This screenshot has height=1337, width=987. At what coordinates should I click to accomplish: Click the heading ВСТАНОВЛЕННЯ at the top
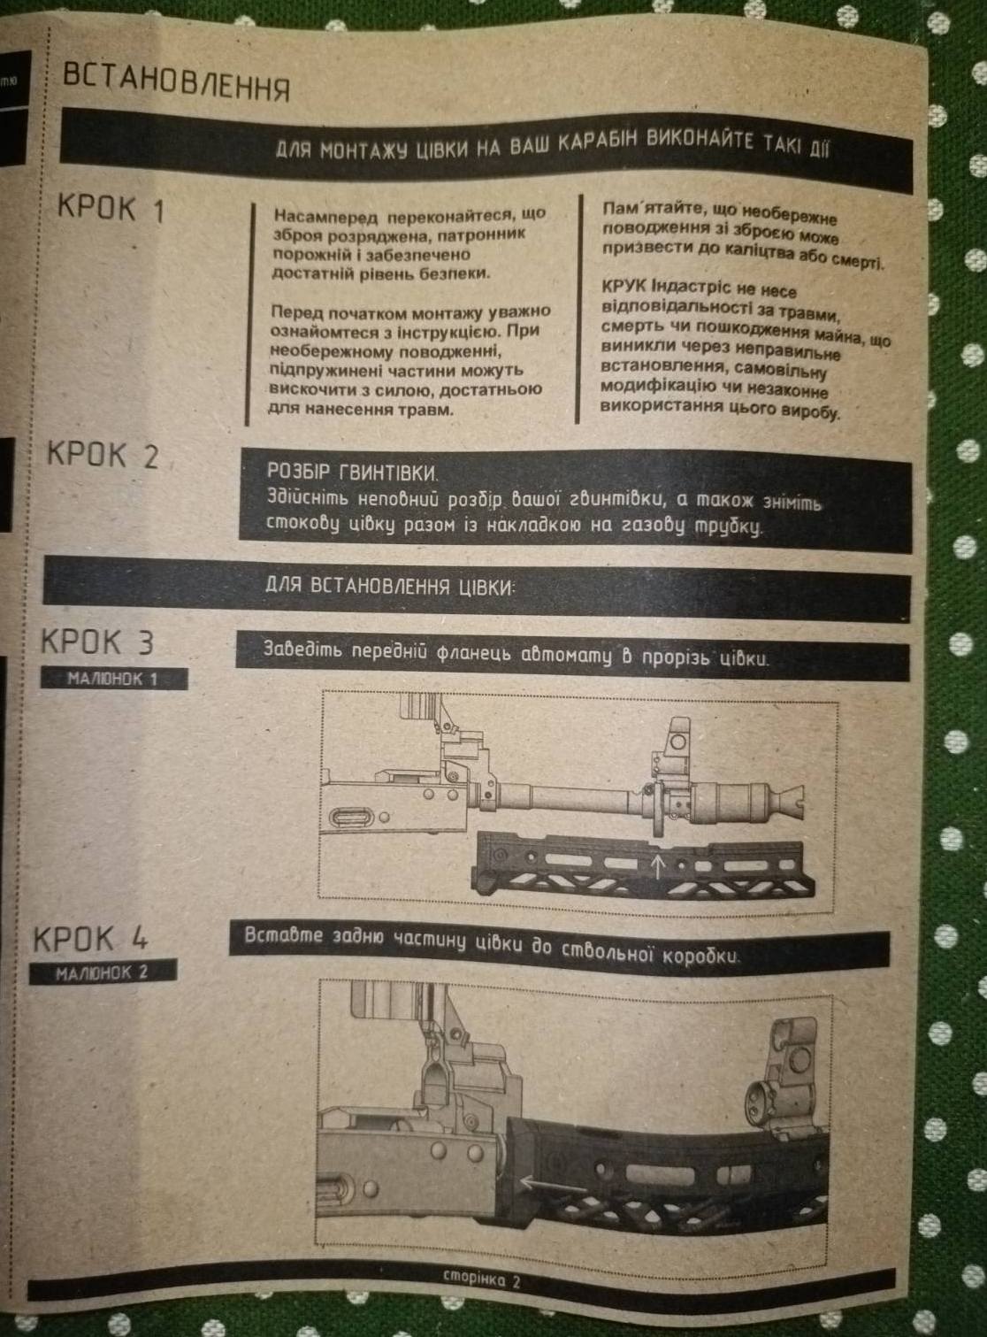click(x=177, y=83)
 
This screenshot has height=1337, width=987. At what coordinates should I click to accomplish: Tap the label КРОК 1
click(x=111, y=209)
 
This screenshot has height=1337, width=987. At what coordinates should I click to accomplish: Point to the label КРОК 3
click(x=97, y=642)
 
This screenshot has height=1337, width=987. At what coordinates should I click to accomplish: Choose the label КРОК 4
click(x=91, y=939)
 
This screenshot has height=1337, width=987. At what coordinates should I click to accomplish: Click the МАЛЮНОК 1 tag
click(x=113, y=679)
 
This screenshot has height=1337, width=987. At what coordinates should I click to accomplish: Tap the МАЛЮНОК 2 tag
click(x=103, y=972)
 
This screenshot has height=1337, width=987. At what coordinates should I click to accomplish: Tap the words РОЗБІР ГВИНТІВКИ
click(x=353, y=472)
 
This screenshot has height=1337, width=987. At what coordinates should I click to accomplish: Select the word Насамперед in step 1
click(x=326, y=215)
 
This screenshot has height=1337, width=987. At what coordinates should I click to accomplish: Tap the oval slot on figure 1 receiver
click(x=352, y=818)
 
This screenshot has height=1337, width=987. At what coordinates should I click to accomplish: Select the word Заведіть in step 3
click(x=305, y=650)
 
